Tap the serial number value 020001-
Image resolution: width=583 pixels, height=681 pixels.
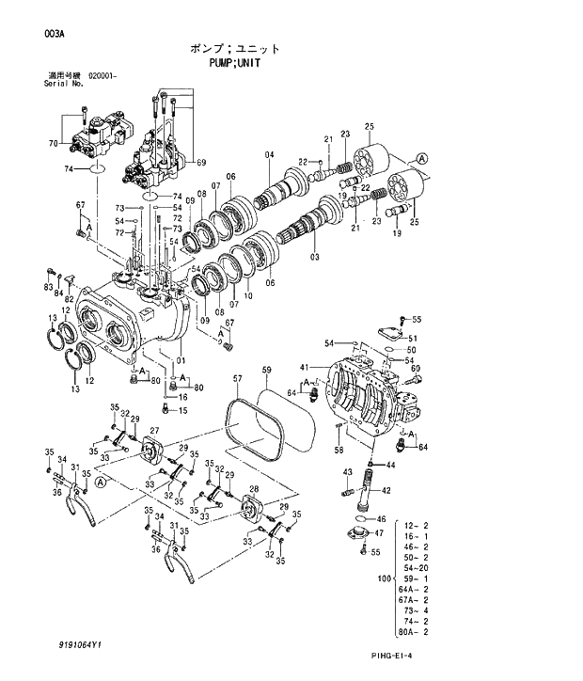103,75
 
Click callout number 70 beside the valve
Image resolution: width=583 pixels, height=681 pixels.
53,143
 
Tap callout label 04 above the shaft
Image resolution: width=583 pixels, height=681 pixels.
269,154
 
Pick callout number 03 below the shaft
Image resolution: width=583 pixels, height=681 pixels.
314,257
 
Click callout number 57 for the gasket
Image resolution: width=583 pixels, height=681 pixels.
237,379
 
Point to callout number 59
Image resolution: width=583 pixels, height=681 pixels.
266,369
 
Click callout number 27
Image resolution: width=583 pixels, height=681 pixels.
154,431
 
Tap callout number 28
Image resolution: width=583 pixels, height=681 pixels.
254,489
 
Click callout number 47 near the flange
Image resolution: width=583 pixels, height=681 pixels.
380,533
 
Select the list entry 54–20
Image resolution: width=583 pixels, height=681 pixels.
415,567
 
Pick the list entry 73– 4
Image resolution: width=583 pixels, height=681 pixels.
415,610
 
